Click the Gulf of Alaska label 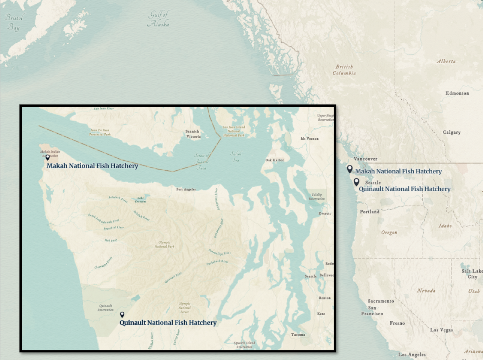pos(158,19)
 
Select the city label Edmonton pos(457,93)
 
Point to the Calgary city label pos(451,132)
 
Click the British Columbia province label pos(344,70)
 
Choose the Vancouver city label pos(365,159)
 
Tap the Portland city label pos(369,212)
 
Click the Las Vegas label pos(441,330)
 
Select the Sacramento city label pos(381,301)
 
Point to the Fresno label pos(397,323)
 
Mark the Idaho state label pos(445,226)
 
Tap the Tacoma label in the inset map pos(298,335)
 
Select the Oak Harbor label pos(275,160)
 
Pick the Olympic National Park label pos(164,244)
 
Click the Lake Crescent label pos(141,200)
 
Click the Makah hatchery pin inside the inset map pos(47,157)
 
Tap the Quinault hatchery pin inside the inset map pos(122,314)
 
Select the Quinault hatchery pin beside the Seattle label pos(356,182)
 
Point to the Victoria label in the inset pos(193,137)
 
